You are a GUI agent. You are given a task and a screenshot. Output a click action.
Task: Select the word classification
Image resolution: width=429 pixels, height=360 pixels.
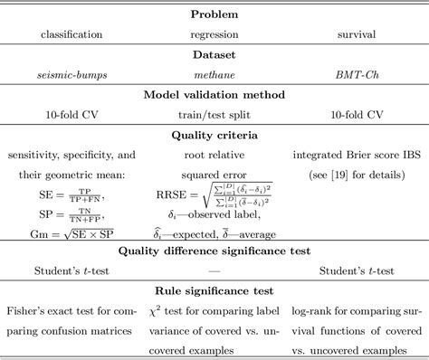pos(71,34)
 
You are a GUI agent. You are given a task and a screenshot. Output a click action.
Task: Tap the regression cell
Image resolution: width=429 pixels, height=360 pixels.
pos(214,34)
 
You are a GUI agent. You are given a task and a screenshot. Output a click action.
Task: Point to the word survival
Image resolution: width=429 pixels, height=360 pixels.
pos(356,34)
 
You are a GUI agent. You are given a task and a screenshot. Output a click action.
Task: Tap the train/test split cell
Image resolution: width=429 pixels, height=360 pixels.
pos(214,117)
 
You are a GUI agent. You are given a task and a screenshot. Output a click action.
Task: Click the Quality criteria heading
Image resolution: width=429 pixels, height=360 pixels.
pos(214,136)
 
